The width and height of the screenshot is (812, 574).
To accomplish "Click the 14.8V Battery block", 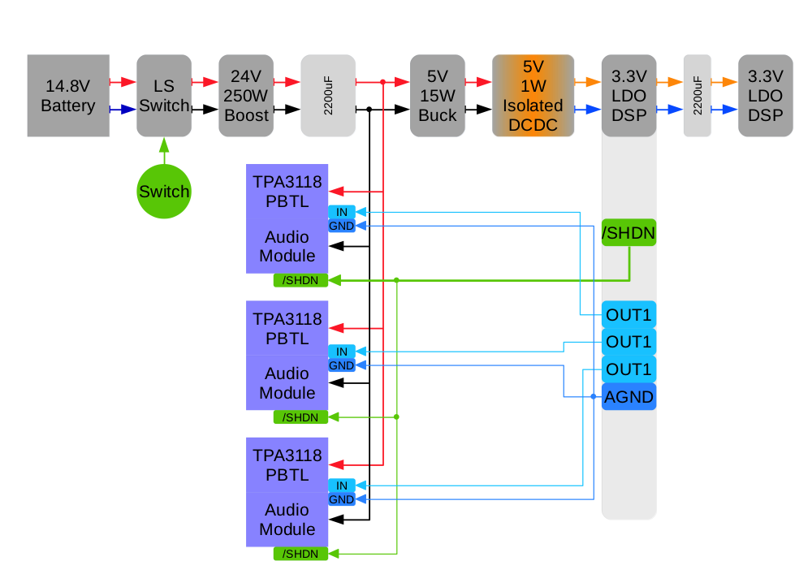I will pyautogui.click(x=68, y=96).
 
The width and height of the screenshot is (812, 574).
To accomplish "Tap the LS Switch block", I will pyautogui.click(x=163, y=96).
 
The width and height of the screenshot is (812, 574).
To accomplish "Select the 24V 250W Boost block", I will pyautogui.click(x=246, y=96).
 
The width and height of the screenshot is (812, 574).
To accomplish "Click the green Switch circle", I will pyautogui.click(x=163, y=192).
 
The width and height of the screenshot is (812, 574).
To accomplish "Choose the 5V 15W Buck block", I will pyautogui.click(x=437, y=96).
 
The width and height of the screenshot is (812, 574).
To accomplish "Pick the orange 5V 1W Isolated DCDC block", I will pyautogui.click(x=533, y=96).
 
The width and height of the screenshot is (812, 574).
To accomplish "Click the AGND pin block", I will pyautogui.click(x=628, y=397).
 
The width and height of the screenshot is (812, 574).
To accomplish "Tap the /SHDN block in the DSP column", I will pyautogui.click(x=628, y=233).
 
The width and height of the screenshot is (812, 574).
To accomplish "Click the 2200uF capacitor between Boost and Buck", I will pyautogui.click(x=328, y=96).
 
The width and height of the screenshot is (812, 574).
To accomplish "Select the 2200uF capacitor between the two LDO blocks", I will pyautogui.click(x=697, y=96).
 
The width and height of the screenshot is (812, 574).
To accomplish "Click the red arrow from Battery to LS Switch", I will pyautogui.click(x=123, y=82).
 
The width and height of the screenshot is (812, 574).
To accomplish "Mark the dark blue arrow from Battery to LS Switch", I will pyautogui.click(x=123, y=109).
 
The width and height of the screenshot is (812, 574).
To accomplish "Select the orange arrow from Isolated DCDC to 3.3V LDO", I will pyautogui.click(x=587, y=82).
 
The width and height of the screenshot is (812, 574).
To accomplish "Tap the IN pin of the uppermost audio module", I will pyautogui.click(x=342, y=212).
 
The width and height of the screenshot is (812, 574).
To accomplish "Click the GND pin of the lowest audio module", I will pyautogui.click(x=342, y=499).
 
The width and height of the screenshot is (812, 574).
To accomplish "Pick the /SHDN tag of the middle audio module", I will pyautogui.click(x=300, y=416).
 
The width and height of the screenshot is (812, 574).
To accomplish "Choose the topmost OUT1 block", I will pyautogui.click(x=628, y=314).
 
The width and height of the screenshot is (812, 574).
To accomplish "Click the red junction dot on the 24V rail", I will pyautogui.click(x=382, y=82).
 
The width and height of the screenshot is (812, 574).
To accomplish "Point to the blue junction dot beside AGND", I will pyautogui.click(x=594, y=397).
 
